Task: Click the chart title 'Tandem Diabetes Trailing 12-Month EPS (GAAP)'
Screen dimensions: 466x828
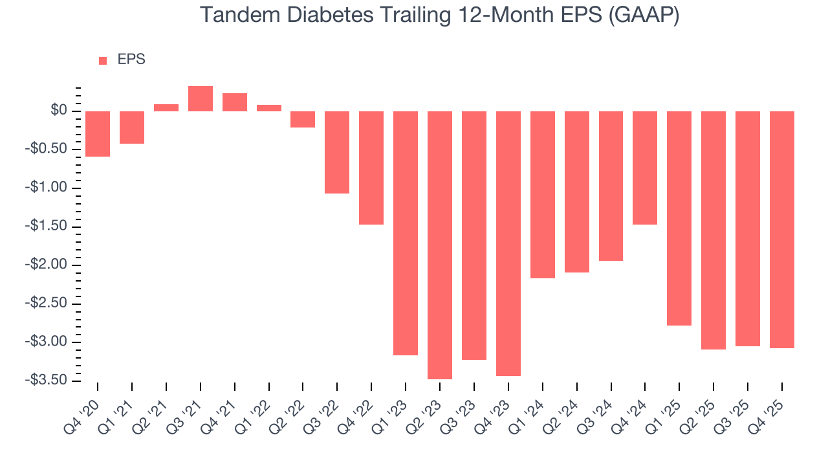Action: (439, 15)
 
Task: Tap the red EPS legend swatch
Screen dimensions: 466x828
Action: (103, 60)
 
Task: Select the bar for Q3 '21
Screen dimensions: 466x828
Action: (201, 99)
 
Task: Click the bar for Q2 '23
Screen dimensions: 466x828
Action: (440, 245)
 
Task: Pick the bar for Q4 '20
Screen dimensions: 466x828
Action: (98, 134)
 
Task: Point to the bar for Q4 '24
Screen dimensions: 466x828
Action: (645, 168)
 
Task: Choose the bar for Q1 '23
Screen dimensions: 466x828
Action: (406, 233)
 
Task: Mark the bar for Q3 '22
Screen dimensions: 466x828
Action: (337, 152)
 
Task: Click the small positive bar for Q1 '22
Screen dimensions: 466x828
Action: (269, 108)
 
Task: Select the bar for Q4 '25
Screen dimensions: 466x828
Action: (781, 230)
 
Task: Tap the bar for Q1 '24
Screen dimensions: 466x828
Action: (543, 194)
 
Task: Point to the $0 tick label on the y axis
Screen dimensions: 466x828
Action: (59, 111)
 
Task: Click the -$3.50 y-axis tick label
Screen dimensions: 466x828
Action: (47, 380)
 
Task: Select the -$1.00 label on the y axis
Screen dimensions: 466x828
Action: (47, 188)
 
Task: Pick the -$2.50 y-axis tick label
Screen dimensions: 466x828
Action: (47, 304)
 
